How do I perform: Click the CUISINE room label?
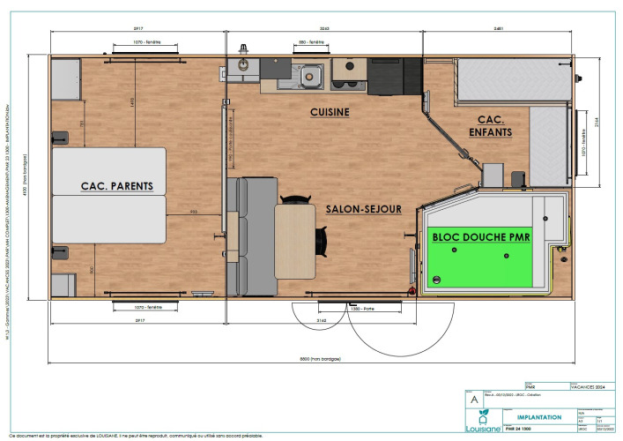(330, 112)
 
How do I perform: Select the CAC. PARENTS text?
(116, 186)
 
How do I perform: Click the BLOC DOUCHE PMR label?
(482, 235)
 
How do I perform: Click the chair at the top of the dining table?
(294, 198)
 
